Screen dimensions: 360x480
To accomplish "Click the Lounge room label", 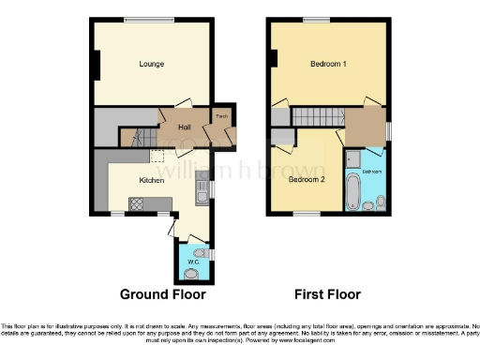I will (152, 64).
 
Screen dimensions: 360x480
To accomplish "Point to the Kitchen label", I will (152, 180).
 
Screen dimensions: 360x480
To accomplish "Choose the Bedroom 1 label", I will (329, 64).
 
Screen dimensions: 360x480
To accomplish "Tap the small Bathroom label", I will (372, 172).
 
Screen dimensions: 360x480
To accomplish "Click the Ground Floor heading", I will (162, 294).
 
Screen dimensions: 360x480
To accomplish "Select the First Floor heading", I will (328, 294).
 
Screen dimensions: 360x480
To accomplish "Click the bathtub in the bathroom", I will (352, 191).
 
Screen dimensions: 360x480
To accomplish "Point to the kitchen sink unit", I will (200, 192).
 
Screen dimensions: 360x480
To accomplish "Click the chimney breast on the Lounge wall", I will (95, 63).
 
